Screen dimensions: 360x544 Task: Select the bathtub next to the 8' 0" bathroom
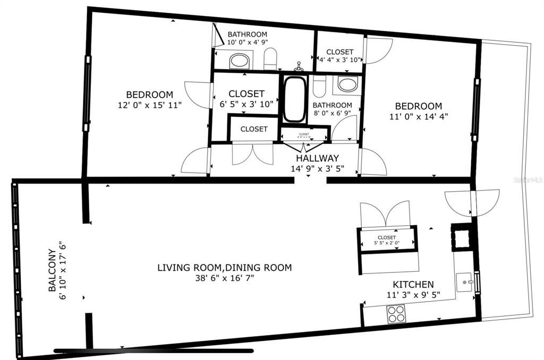(x=294, y=99)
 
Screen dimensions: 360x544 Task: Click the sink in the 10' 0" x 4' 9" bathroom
(x=241, y=61)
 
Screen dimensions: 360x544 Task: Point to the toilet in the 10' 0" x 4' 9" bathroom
(x=270, y=59)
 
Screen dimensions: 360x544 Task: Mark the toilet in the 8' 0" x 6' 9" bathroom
(x=319, y=87)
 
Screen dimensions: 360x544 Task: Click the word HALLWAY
(x=317, y=158)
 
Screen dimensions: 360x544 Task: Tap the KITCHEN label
(x=413, y=285)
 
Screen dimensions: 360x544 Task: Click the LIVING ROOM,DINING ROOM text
(x=224, y=268)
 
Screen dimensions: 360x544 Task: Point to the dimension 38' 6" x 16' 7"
(x=224, y=278)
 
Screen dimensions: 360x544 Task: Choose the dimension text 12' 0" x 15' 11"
(x=150, y=106)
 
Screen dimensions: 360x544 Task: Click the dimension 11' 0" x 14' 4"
(x=418, y=117)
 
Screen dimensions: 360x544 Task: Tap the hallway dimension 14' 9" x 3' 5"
(x=317, y=169)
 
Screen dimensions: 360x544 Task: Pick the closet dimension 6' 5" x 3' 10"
(x=246, y=104)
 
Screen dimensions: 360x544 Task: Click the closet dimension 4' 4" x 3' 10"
(x=340, y=59)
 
